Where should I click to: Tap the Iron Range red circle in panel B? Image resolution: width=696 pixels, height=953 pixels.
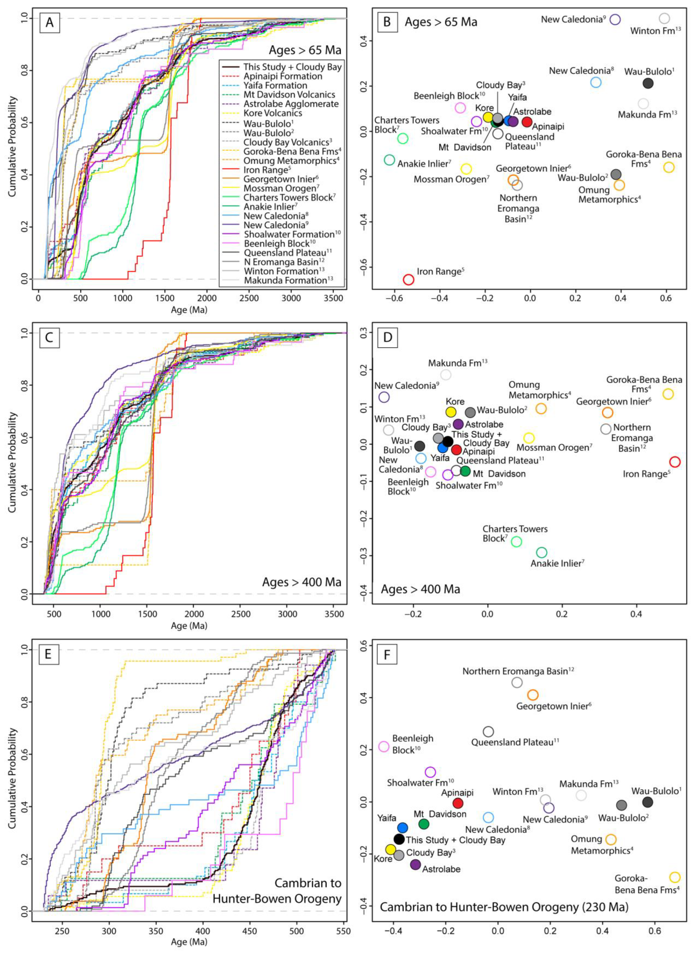[408, 279]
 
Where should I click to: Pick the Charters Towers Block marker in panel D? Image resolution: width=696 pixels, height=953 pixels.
[516, 542]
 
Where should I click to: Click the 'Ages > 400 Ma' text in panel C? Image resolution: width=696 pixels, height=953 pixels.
[302, 582]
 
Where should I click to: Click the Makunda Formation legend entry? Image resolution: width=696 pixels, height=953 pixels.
[285, 280]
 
